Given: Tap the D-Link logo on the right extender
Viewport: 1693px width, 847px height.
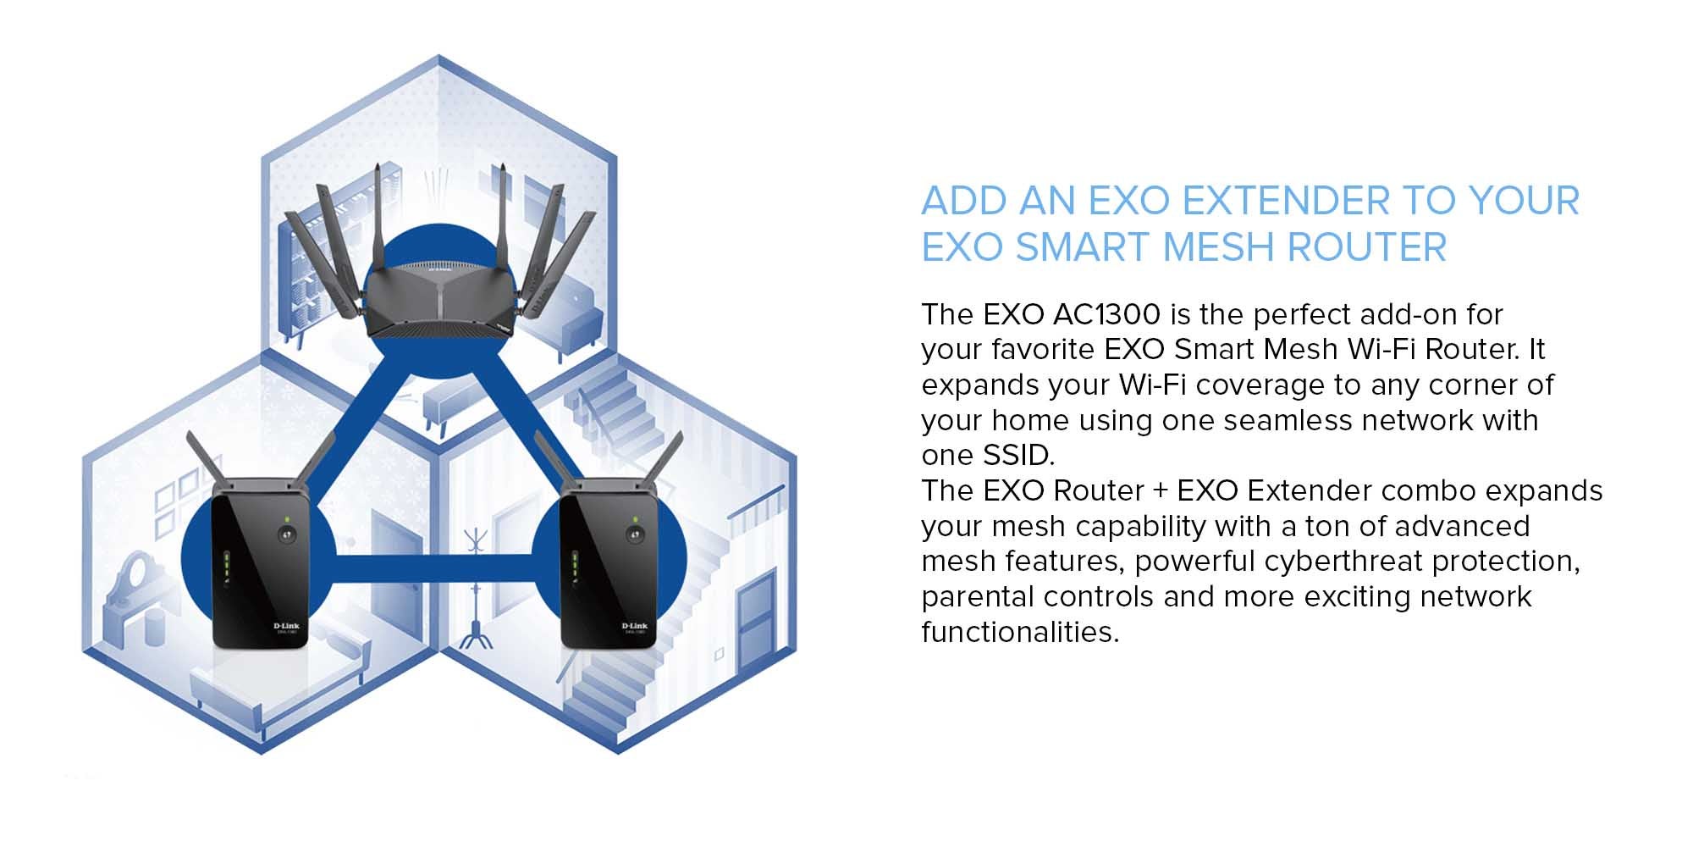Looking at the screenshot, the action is click(635, 626).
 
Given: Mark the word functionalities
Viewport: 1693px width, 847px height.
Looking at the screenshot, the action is click(1020, 632).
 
